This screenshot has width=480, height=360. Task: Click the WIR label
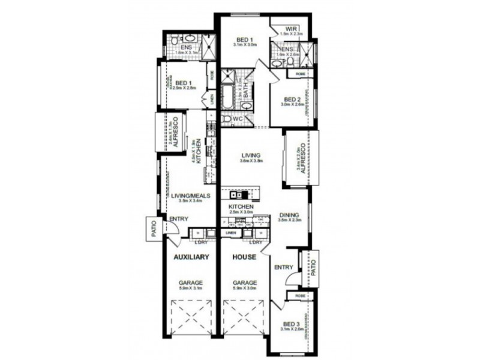pos(292,28)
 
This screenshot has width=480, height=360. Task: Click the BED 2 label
pos(292,100)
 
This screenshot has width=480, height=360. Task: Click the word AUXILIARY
pos(191,257)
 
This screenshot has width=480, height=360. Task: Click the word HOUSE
pos(245,257)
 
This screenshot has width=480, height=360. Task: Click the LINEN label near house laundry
pos(230,233)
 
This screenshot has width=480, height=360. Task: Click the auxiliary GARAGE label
pos(191,283)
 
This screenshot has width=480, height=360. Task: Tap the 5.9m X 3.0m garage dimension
pos(244,289)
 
